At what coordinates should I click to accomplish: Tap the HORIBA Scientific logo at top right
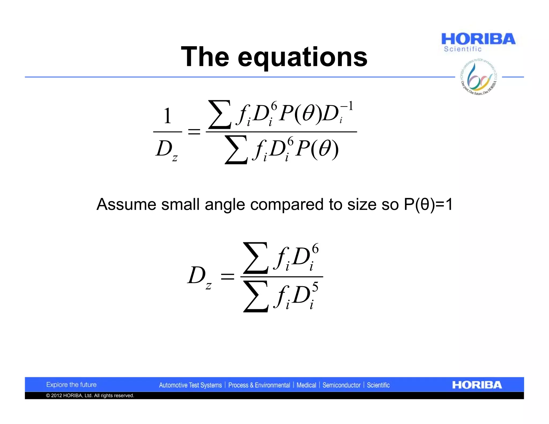point(478,42)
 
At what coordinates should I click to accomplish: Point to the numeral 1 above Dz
point(167,116)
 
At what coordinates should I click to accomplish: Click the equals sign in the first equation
point(194,132)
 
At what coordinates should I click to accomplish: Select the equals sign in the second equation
point(227,276)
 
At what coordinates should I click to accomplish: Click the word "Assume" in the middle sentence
point(126,204)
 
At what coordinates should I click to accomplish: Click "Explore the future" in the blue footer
point(71,385)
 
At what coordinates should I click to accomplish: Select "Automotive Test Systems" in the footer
point(190,385)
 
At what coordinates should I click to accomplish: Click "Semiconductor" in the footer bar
point(341,385)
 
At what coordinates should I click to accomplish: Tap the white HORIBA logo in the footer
point(477,385)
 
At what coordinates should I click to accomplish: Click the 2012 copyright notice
point(90,396)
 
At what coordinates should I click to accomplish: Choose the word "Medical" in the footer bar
point(306,385)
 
